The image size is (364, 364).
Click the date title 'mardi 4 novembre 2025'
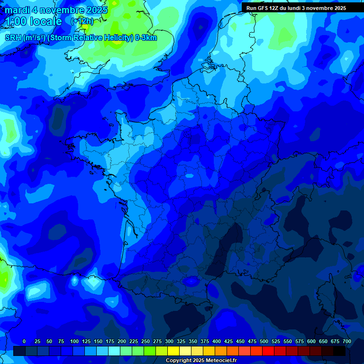tap(56, 10)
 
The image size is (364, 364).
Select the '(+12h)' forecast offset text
tap(82, 21)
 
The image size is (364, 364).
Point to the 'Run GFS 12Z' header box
tap(296, 8)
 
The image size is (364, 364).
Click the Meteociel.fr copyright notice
tap(201, 360)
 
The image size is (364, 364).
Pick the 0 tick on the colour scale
tap(24, 341)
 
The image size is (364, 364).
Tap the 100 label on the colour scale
tap(74, 341)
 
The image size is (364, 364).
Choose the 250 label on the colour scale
tap(146, 341)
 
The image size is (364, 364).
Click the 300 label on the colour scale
tap(169, 341)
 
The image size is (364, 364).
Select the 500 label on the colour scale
tap(264, 341)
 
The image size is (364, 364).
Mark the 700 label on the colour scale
tap(347, 341)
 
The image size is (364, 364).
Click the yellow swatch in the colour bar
tap(173, 351)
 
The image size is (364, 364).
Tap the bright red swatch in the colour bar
tap(268, 351)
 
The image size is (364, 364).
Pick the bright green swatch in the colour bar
tap(150, 351)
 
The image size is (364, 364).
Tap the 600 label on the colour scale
tap(311, 341)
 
